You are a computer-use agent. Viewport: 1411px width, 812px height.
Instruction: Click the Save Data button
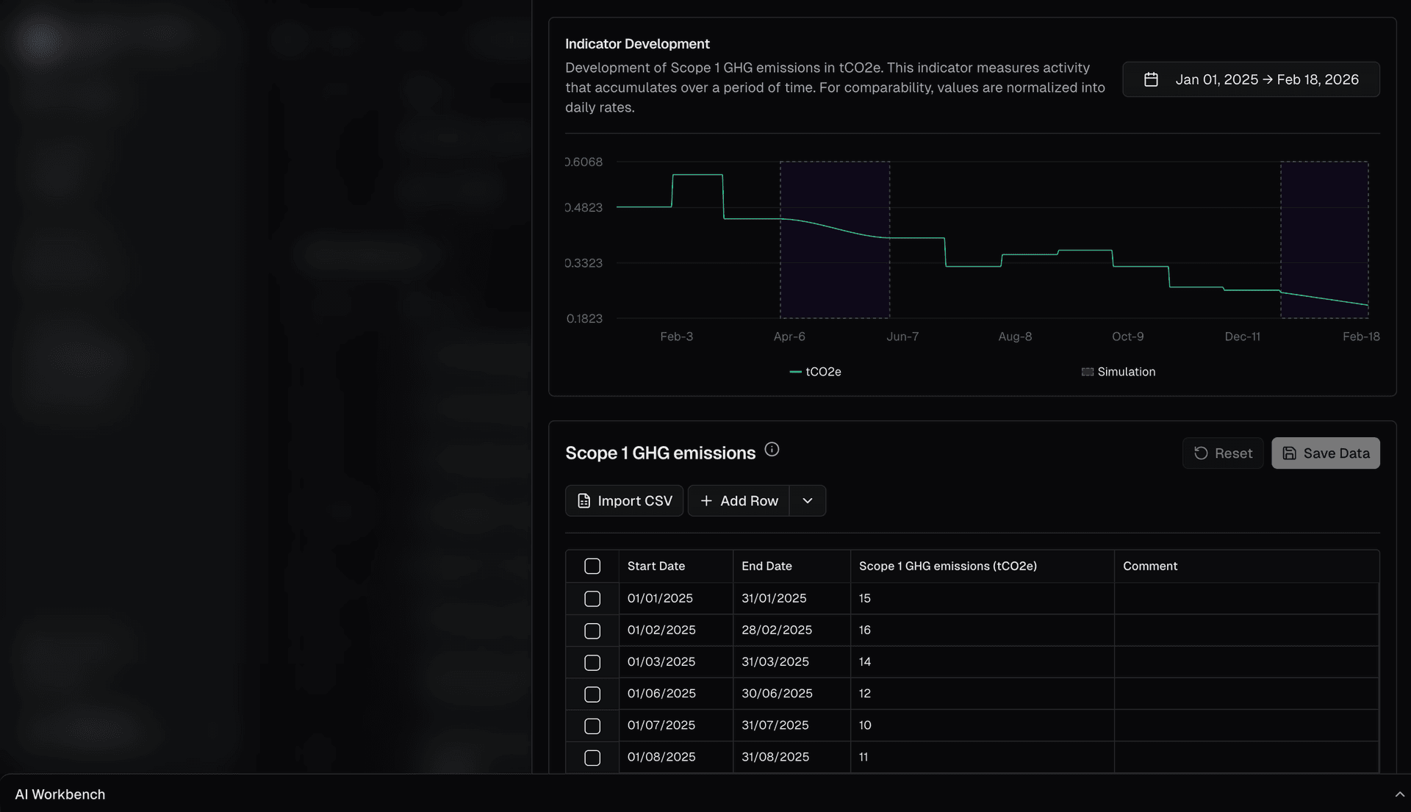1325,453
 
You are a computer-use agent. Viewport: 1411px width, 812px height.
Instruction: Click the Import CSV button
624,500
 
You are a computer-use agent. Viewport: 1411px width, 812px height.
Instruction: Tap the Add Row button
739,500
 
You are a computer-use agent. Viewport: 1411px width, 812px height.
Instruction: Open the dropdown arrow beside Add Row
808,500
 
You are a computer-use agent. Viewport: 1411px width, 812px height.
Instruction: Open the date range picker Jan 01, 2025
1251,79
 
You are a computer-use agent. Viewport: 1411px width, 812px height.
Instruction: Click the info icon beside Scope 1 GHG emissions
772,449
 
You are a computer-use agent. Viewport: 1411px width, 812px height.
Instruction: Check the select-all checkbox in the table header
592,566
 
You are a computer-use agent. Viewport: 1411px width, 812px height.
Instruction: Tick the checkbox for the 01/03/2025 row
592,662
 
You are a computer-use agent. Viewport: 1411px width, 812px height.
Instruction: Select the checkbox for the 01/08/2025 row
592,757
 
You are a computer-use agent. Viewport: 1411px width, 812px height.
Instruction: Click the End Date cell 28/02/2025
777,630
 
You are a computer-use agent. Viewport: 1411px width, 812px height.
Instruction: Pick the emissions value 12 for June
865,693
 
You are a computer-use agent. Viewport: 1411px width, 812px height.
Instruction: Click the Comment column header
1149,566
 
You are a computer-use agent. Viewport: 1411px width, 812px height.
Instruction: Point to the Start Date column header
656,566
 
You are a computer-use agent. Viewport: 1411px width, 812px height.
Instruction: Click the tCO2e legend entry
816,372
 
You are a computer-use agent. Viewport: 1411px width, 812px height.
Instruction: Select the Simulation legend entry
1119,372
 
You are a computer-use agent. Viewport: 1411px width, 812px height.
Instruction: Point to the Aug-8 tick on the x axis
1015,337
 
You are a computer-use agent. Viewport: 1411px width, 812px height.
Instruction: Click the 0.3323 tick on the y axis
584,263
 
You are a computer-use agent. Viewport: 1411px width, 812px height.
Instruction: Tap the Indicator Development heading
637,44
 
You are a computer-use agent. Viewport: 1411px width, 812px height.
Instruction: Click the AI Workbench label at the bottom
60,794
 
